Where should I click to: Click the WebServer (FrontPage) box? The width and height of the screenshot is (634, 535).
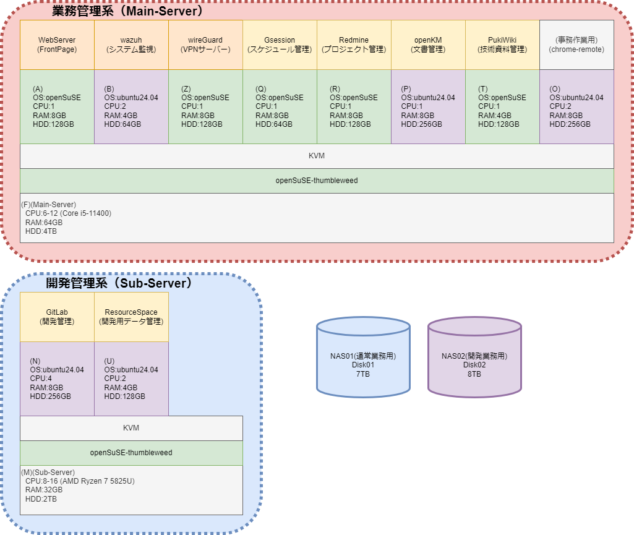(x=57, y=45)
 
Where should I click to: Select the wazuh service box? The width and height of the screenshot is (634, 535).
(x=131, y=45)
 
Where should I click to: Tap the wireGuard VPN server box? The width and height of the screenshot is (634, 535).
(x=205, y=45)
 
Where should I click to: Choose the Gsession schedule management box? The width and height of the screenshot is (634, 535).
(x=280, y=45)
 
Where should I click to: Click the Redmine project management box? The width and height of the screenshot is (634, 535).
(x=354, y=45)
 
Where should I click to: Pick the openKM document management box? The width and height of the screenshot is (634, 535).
(x=428, y=45)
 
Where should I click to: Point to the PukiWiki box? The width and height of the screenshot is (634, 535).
(x=502, y=45)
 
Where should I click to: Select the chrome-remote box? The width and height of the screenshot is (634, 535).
(x=576, y=45)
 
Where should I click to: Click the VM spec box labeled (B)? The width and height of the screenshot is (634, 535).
(x=131, y=106)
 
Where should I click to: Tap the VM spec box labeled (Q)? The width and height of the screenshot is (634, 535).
(x=280, y=106)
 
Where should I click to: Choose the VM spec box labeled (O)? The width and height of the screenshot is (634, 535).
(x=576, y=106)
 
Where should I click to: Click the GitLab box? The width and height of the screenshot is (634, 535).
(x=57, y=317)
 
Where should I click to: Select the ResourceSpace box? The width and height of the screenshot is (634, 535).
(x=131, y=317)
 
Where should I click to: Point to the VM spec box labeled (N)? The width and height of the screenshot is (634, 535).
(x=57, y=379)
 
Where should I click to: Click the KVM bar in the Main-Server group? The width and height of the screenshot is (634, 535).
(x=317, y=156)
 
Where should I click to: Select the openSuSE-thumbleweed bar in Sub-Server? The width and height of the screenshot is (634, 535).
(x=131, y=453)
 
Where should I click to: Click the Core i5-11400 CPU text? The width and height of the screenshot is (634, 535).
(x=68, y=213)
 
